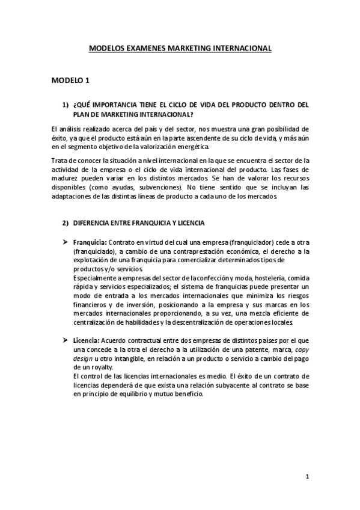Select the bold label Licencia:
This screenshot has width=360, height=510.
click(86, 341)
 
